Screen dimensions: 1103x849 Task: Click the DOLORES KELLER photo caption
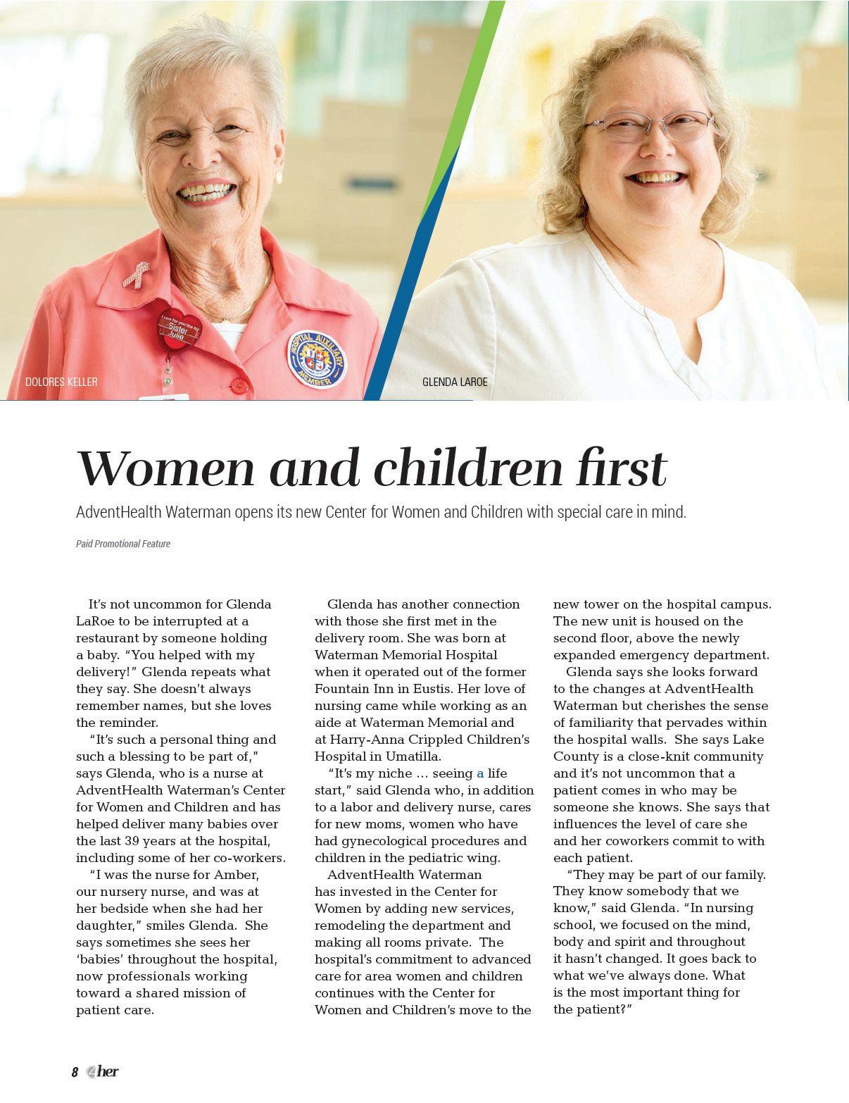pyautogui.click(x=61, y=382)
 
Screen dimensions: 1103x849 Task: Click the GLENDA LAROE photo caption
pyautogui.click(x=455, y=382)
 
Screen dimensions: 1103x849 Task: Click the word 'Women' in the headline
pyautogui.click(x=166, y=468)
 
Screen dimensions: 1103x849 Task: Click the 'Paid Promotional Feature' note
pyautogui.click(x=123, y=544)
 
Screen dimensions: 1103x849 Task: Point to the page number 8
pyautogui.click(x=75, y=1073)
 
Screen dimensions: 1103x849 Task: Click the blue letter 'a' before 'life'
pyautogui.click(x=480, y=773)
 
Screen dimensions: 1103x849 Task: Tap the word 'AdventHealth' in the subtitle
pyautogui.click(x=118, y=512)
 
